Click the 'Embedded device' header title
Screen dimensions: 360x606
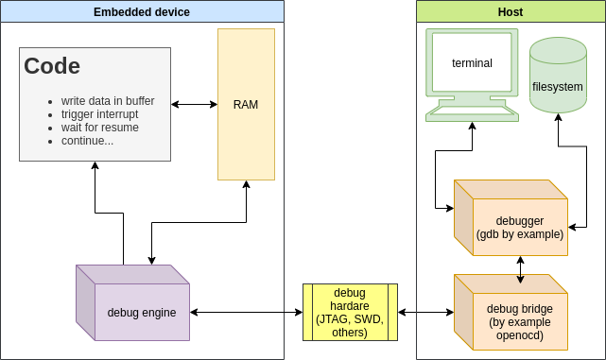click(142, 12)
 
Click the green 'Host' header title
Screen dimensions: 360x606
click(511, 12)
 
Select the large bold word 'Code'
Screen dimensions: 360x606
click(52, 66)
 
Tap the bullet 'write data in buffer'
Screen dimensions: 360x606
click(107, 101)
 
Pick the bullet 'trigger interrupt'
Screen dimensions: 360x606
click(99, 114)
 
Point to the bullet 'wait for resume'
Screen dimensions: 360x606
click(99, 128)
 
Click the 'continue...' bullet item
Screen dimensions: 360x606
click(87, 141)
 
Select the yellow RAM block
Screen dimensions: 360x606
click(246, 104)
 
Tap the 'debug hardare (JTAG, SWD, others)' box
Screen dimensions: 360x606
click(350, 312)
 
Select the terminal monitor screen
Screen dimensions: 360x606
click(472, 63)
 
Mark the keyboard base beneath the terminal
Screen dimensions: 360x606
click(472, 111)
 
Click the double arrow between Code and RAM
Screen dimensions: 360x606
click(194, 104)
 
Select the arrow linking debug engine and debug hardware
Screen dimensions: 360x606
click(246, 312)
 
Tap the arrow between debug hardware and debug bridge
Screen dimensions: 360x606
click(425, 312)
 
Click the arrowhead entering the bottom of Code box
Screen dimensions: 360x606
click(95, 166)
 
